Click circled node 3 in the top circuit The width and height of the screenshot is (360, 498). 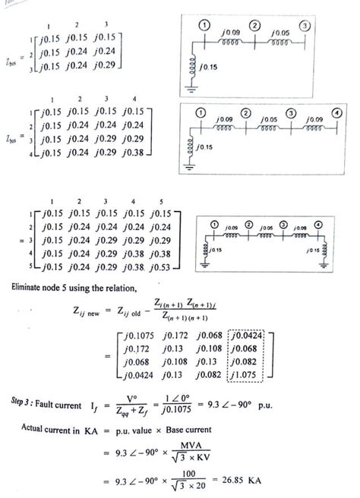coord(305,26)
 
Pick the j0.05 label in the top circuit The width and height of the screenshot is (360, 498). coord(280,33)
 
